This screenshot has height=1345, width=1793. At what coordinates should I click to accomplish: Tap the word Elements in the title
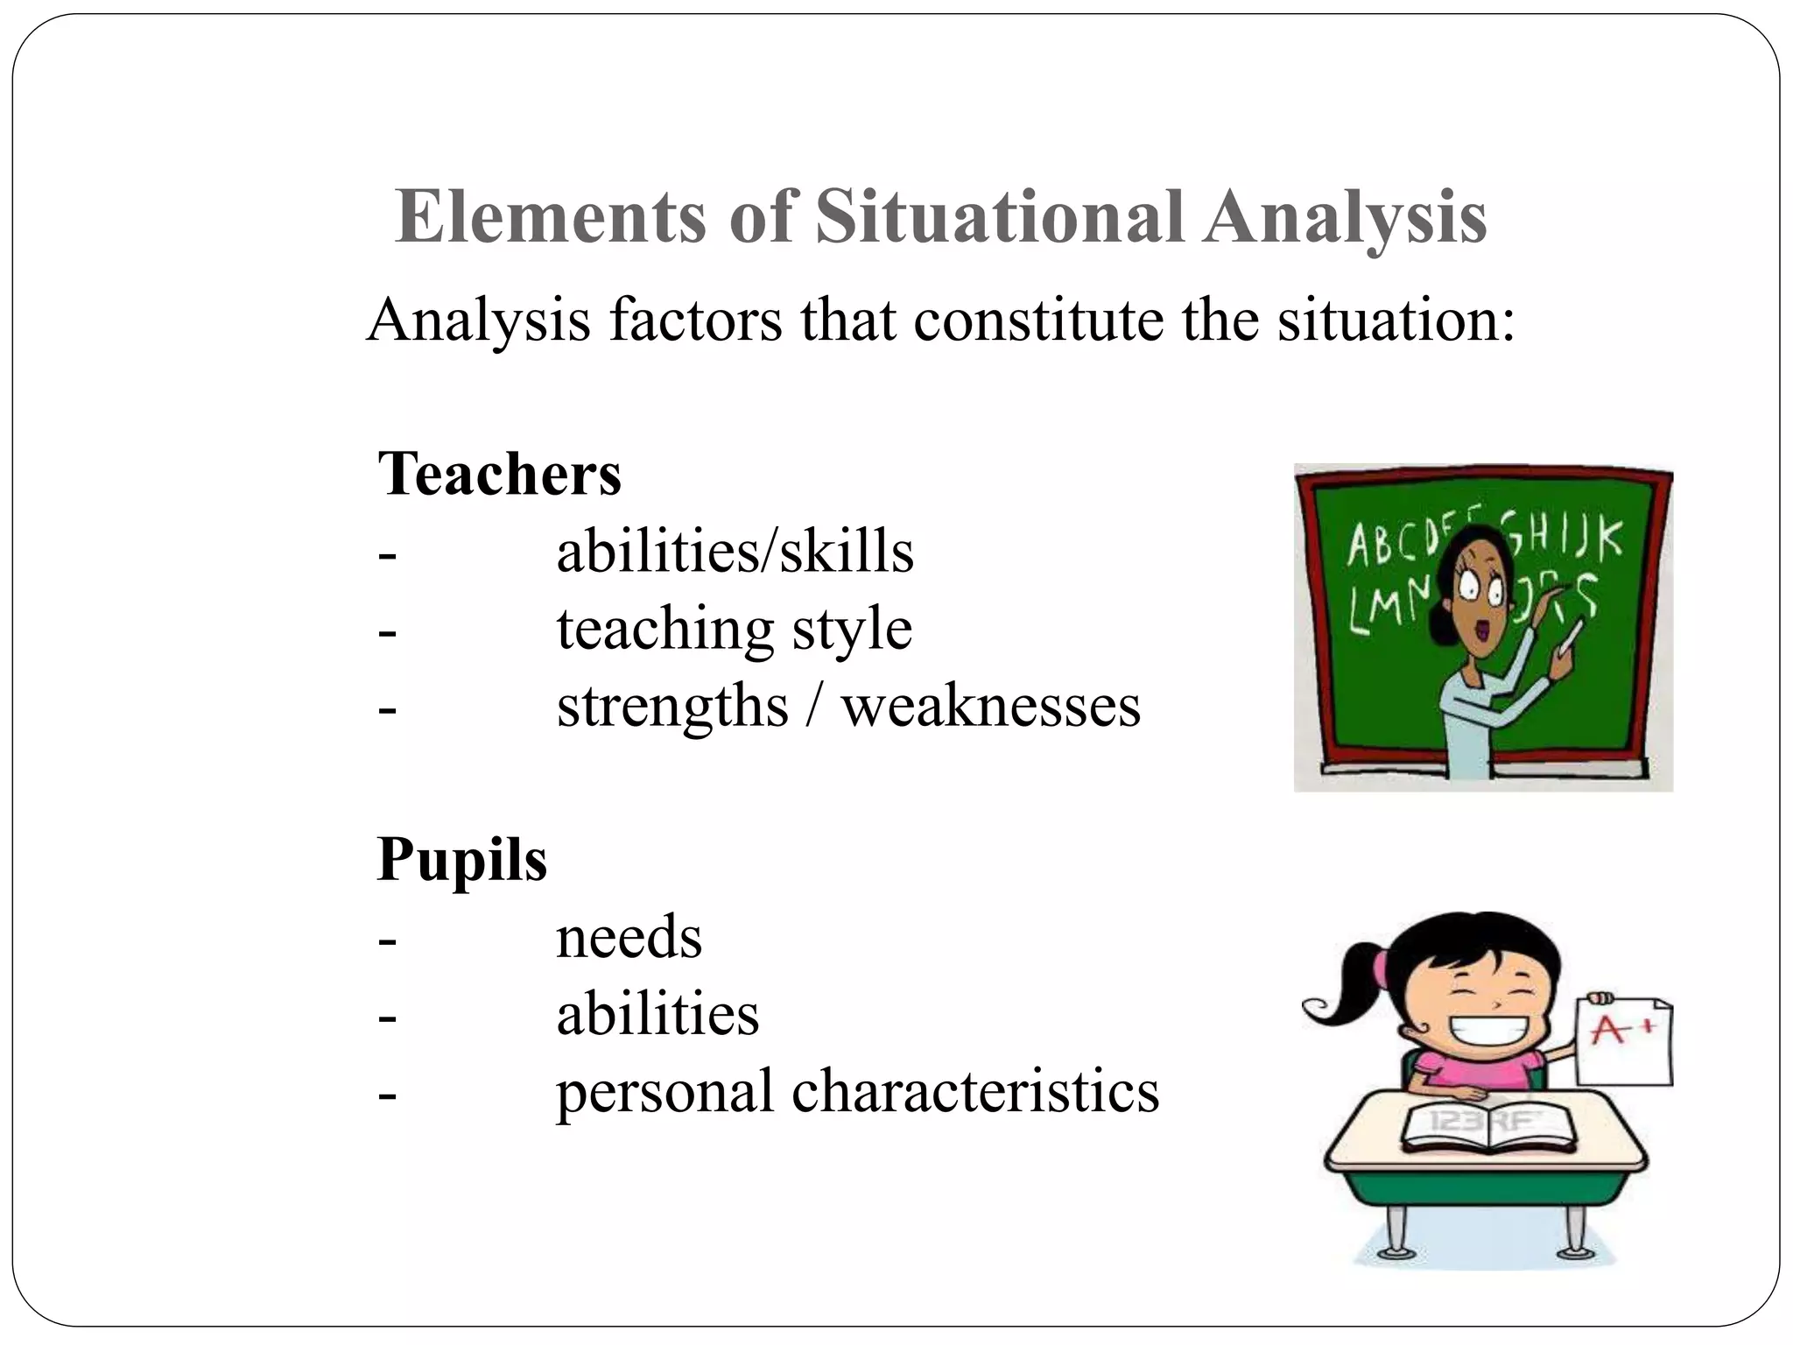(550, 216)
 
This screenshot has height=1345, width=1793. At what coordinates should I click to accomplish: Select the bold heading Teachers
(499, 474)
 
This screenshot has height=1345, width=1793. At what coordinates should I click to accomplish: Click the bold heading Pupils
(461, 860)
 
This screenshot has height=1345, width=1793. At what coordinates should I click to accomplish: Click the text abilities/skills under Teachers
(735, 552)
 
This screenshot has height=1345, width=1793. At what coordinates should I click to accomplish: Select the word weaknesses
(991, 706)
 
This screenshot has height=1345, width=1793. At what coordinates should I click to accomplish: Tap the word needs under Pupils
(629, 937)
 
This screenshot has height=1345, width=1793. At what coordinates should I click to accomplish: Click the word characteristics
(975, 1091)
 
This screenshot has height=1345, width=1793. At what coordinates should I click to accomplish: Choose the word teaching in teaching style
(664, 629)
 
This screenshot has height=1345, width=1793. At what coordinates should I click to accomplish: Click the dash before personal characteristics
(387, 1093)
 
